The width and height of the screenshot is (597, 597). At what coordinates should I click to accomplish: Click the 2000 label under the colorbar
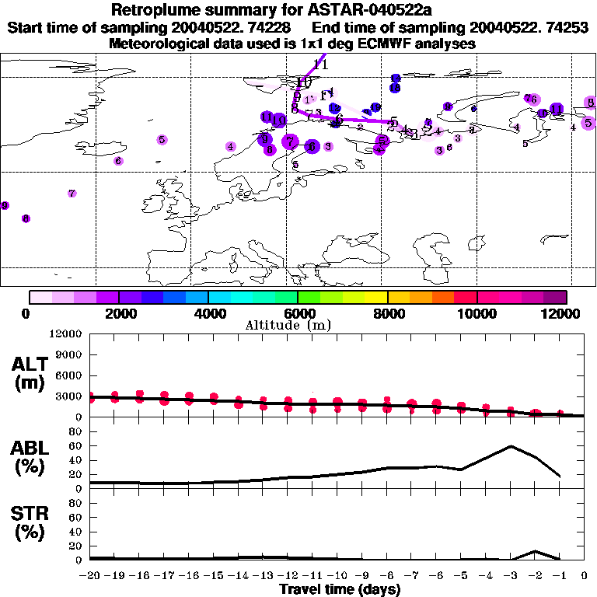point(119,313)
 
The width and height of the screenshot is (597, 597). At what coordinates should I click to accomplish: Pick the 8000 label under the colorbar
point(388,313)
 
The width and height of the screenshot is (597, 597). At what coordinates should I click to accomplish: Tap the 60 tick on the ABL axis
point(75,446)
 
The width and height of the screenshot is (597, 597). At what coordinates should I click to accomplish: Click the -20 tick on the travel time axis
point(90,576)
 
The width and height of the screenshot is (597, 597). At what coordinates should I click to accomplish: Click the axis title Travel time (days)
point(340,589)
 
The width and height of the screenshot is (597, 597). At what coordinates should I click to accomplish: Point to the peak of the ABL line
point(511,446)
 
